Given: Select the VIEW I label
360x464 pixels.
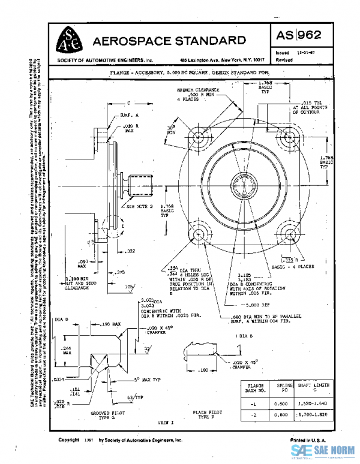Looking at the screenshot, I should (166, 423).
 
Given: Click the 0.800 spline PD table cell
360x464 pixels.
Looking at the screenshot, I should (281, 415).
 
